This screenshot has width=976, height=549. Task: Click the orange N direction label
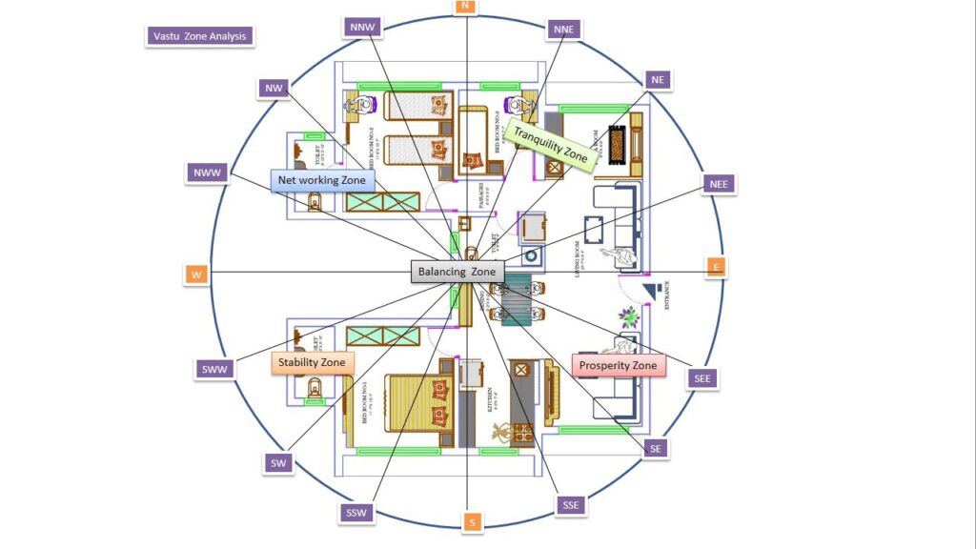465,7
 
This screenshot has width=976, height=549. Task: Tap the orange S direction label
471,522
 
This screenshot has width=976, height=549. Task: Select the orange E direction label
716,268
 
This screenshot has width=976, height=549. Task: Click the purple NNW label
363,27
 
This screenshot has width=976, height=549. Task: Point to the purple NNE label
563,30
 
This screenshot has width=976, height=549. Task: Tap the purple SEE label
703,378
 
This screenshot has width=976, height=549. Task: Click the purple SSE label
570,505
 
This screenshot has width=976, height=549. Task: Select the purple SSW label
356,514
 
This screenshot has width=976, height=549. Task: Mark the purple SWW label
215,369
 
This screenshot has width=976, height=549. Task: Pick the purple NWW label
207,173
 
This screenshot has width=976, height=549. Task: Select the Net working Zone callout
321,180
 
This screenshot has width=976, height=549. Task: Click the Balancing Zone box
457,272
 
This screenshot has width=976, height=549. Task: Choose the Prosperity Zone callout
619,365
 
